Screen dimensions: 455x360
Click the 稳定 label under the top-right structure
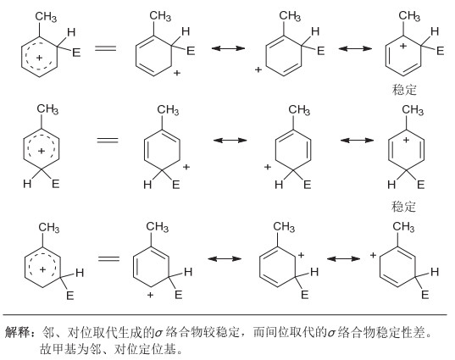[404, 90]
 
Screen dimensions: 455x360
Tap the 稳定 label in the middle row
[403, 207]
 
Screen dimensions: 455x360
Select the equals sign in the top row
[106, 48]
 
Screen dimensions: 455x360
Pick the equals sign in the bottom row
[108, 258]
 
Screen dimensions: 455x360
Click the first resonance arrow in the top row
[228, 48]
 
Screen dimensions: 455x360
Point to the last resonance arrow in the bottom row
[343, 258]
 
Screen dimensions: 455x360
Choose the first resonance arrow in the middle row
[230, 141]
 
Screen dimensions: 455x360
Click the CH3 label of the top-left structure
[46, 17]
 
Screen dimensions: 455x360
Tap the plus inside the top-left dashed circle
[39, 58]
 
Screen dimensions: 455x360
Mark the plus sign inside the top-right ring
[402, 46]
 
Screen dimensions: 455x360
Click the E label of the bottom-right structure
[424, 295]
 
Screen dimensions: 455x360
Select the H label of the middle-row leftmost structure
[27, 184]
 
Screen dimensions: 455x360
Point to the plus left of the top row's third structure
[258, 69]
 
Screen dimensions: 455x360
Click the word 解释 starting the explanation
[18, 332]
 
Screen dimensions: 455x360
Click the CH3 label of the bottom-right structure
[403, 227]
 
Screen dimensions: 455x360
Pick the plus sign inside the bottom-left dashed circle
[42, 269]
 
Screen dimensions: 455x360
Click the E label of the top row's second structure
[191, 51]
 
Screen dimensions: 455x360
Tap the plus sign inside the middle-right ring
[406, 140]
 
